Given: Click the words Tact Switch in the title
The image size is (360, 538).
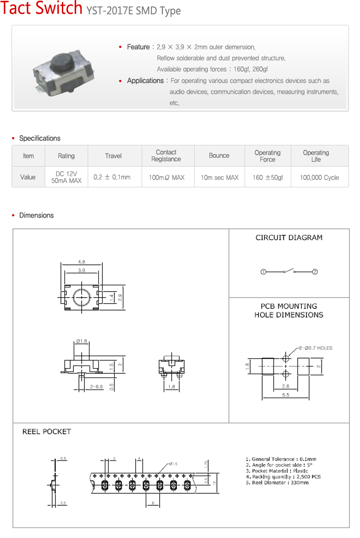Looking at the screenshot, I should (42, 9).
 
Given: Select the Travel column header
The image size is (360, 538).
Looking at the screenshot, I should (113, 156).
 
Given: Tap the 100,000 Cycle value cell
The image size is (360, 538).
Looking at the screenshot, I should (319, 177).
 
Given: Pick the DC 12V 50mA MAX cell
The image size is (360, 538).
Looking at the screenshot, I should (66, 177).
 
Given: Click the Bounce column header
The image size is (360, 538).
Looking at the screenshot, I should (219, 156).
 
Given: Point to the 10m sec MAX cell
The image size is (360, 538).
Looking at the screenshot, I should (219, 177).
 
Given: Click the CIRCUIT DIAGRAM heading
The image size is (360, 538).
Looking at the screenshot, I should (289, 238).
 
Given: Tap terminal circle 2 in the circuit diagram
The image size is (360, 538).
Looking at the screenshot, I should (315, 272).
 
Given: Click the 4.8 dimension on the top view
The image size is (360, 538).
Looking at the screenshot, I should (81, 262).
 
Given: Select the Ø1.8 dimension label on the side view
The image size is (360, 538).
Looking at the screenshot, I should (81, 341).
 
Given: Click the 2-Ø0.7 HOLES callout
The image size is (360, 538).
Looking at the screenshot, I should (316, 348).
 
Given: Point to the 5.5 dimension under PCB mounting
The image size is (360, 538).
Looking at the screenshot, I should (286, 395).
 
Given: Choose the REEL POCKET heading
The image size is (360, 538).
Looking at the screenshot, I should (47, 431).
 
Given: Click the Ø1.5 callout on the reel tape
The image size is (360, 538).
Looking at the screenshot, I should (174, 463).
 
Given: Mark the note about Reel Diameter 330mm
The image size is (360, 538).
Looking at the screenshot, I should (277, 483).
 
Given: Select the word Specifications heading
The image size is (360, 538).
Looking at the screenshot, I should (40, 138).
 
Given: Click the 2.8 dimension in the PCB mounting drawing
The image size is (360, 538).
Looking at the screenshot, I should (286, 386).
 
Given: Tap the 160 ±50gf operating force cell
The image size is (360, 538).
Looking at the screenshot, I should (268, 177).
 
